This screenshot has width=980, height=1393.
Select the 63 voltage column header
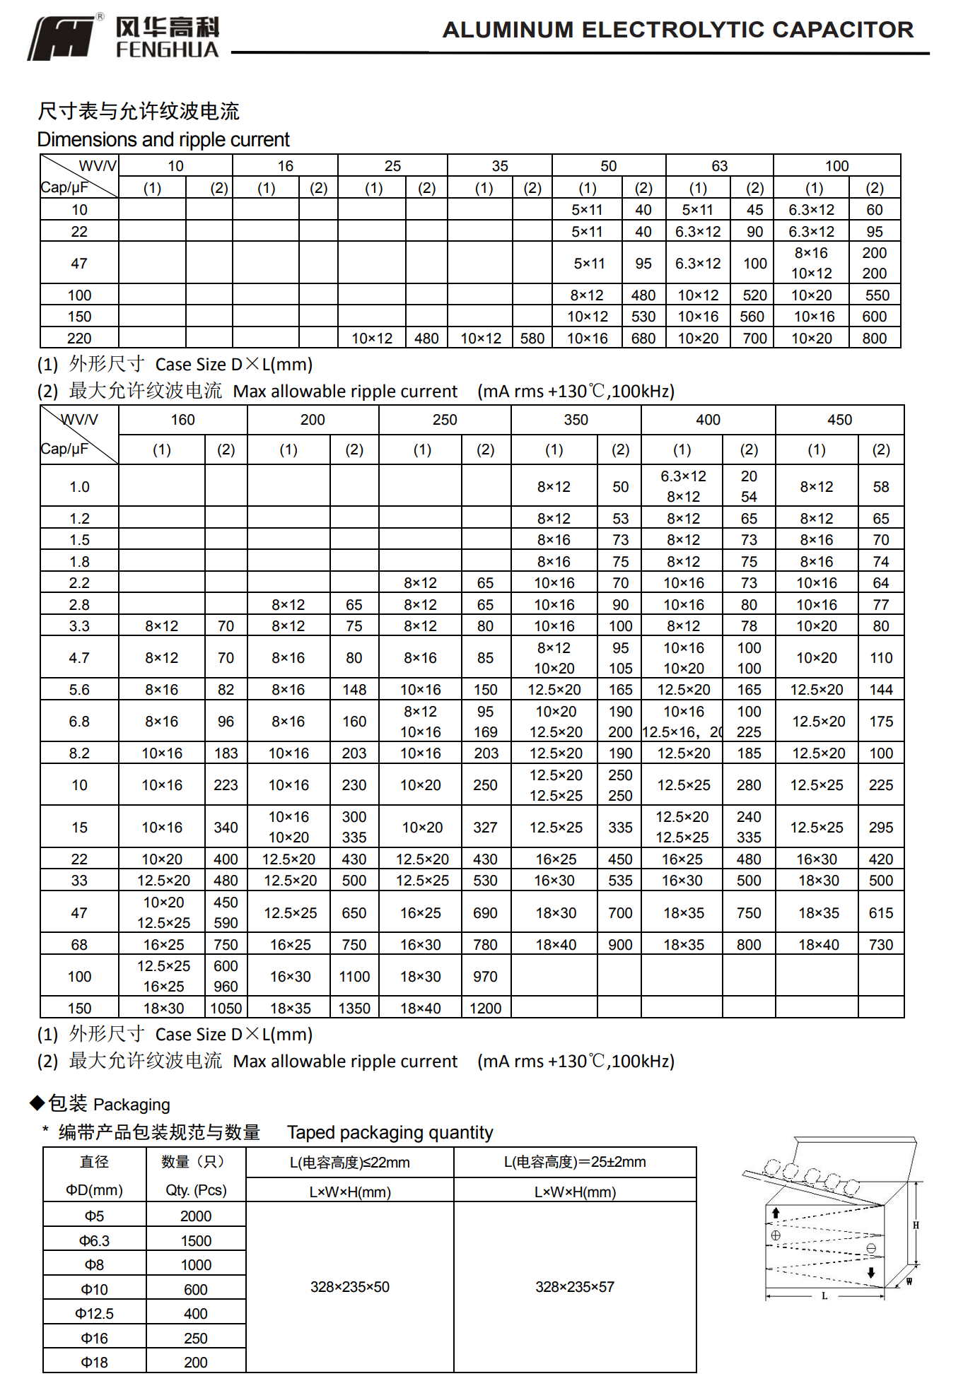click(719, 166)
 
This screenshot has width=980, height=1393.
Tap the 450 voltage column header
click(839, 420)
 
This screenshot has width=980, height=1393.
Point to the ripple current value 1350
click(354, 1009)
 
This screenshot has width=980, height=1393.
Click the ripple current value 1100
click(354, 977)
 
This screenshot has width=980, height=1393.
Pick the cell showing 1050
click(226, 1009)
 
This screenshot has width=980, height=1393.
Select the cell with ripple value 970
click(485, 977)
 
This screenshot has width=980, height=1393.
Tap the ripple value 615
click(881, 913)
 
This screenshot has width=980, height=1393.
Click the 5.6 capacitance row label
click(79, 690)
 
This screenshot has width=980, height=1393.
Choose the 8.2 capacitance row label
click(79, 753)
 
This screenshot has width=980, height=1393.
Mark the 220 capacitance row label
click(79, 339)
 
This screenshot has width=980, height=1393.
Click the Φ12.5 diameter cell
click(94, 1314)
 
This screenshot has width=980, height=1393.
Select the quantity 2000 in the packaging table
click(196, 1216)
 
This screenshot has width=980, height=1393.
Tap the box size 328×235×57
click(574, 1287)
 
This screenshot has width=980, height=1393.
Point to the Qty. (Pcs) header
click(196, 1190)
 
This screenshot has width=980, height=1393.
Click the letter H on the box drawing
click(916, 1226)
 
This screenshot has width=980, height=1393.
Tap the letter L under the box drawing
click(824, 1296)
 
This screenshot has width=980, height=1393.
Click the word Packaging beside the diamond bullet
click(132, 1105)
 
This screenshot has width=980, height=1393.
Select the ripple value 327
click(485, 828)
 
